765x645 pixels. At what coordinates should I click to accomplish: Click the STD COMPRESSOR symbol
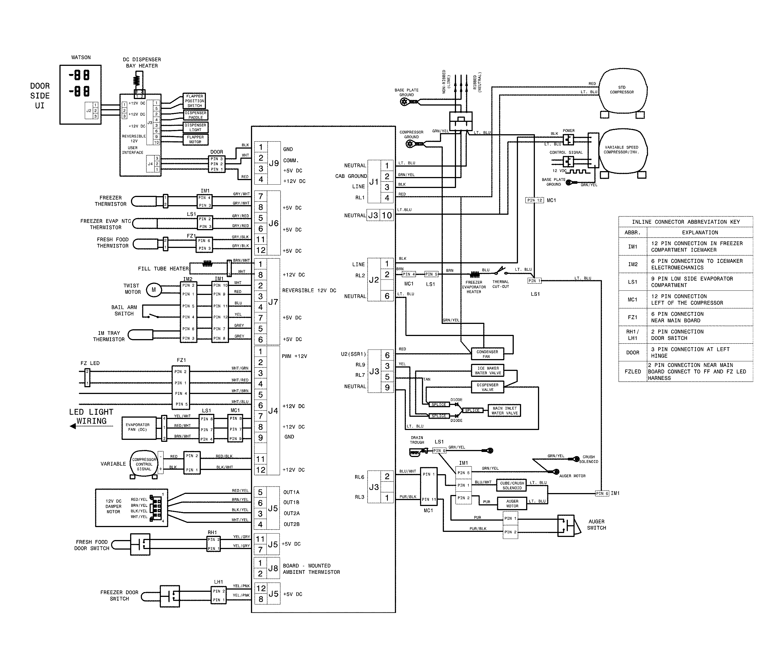pos(622,91)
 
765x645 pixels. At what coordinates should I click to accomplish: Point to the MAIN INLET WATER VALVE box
pos(504,411)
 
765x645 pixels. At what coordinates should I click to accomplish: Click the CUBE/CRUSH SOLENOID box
pos(512,485)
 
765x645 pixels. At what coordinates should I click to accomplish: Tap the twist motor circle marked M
pos(153,290)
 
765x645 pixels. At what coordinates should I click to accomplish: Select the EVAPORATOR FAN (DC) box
pos(138,427)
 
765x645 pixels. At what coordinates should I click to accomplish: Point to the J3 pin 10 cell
pos(387,215)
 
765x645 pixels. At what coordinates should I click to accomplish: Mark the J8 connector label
pos(273,568)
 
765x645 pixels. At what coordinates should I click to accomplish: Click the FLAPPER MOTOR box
pos(195,139)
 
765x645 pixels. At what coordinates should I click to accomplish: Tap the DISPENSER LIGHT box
pos(195,127)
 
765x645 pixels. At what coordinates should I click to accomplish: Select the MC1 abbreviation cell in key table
pos(633,299)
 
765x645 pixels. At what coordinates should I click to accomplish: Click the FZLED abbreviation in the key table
pos(633,371)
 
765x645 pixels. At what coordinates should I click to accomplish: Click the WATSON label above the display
pos(81,57)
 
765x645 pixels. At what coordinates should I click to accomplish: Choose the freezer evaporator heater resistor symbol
pos(475,274)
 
